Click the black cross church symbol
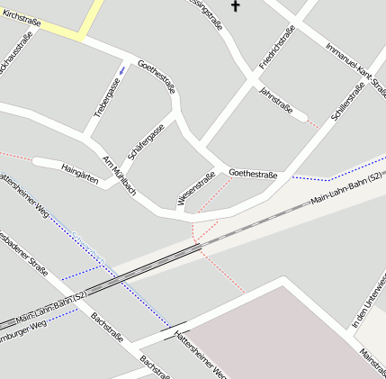pyautogui.click(x=237, y=6)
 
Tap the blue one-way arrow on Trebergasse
pyautogui.click(x=122, y=69)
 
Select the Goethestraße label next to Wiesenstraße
pyautogui.click(x=253, y=173)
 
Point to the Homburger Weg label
pyautogui.click(x=22, y=327)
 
